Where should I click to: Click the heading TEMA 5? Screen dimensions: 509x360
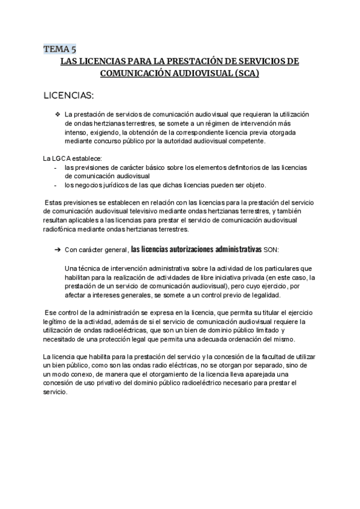click(59, 49)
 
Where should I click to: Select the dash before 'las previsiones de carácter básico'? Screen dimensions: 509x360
click(55, 167)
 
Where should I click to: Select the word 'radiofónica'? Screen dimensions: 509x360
click(61, 229)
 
